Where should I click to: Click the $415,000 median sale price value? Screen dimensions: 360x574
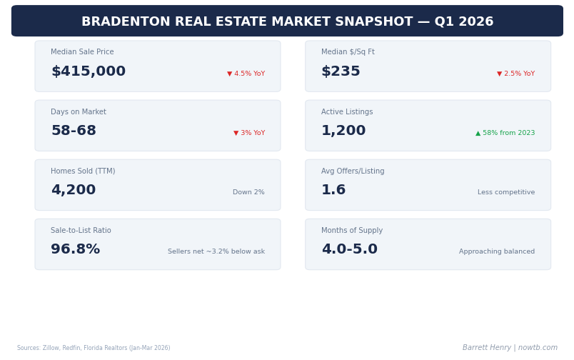pyautogui.click(x=88, y=71)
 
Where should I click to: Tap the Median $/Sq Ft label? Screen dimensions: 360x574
pyautogui.click(x=348, y=52)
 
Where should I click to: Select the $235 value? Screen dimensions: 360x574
pyautogui.click(x=341, y=71)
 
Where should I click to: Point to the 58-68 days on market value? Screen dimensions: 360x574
pyautogui.click(x=74, y=131)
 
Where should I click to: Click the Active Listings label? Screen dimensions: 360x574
pyautogui.click(x=347, y=112)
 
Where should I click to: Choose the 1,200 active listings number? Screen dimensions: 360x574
pyautogui.click(x=343, y=131)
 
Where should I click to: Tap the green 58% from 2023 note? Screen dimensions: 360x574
pyautogui.click(x=505, y=133)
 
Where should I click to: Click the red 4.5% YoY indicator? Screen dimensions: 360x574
pyautogui.click(x=246, y=74)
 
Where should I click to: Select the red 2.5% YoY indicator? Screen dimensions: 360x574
pyautogui.click(x=515, y=74)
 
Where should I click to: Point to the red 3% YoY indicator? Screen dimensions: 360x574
pyautogui.click(x=249, y=133)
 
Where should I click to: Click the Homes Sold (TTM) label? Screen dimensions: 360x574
pyautogui.click(x=83, y=171)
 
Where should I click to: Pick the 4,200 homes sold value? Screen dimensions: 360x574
pyautogui.click(x=73, y=190)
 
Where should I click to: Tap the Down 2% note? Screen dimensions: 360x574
pyautogui.click(x=248, y=192)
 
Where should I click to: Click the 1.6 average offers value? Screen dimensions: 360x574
pyautogui.click(x=333, y=190)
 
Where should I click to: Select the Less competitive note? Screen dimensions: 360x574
pyautogui.click(x=506, y=192)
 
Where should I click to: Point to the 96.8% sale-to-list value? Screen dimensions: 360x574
pyautogui.click(x=75, y=249)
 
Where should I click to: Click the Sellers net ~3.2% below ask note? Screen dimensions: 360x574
pyautogui.click(x=216, y=251)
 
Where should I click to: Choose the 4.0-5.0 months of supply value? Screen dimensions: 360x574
pyautogui.click(x=349, y=249)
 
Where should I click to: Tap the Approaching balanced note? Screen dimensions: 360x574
pyautogui.click(x=497, y=251)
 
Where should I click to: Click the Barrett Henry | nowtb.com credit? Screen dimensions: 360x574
pyautogui.click(x=510, y=348)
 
